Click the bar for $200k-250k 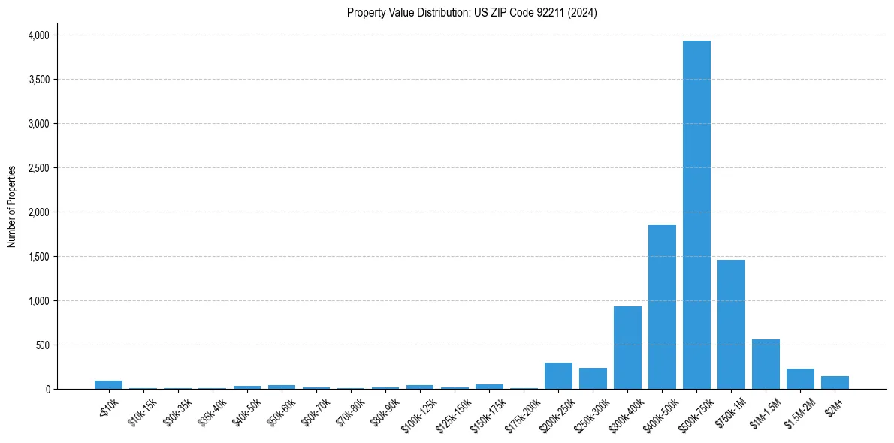558,376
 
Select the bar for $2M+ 835,383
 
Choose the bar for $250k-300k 593,378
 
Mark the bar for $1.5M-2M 800,379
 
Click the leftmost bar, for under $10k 108,385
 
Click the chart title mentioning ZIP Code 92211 472,13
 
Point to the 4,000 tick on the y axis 38,35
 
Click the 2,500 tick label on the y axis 38,168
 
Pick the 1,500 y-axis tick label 38,257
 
